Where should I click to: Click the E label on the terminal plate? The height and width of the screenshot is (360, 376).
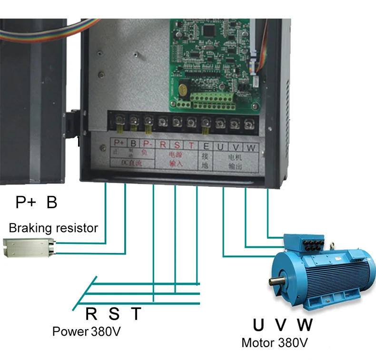[x=206, y=145]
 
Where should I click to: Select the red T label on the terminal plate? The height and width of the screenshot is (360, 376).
[x=191, y=145]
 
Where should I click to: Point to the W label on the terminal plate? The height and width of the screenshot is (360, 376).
[x=252, y=147]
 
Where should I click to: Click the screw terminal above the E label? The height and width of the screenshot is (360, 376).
[x=206, y=122]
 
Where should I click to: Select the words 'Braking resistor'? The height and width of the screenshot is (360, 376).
[x=53, y=228]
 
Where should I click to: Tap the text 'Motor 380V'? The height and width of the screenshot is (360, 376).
[x=275, y=342]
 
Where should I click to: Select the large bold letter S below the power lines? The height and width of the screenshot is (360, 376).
[x=114, y=314]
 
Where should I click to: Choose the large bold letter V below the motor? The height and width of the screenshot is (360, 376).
[x=281, y=325]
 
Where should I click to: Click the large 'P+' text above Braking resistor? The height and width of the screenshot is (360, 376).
[x=27, y=203]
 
